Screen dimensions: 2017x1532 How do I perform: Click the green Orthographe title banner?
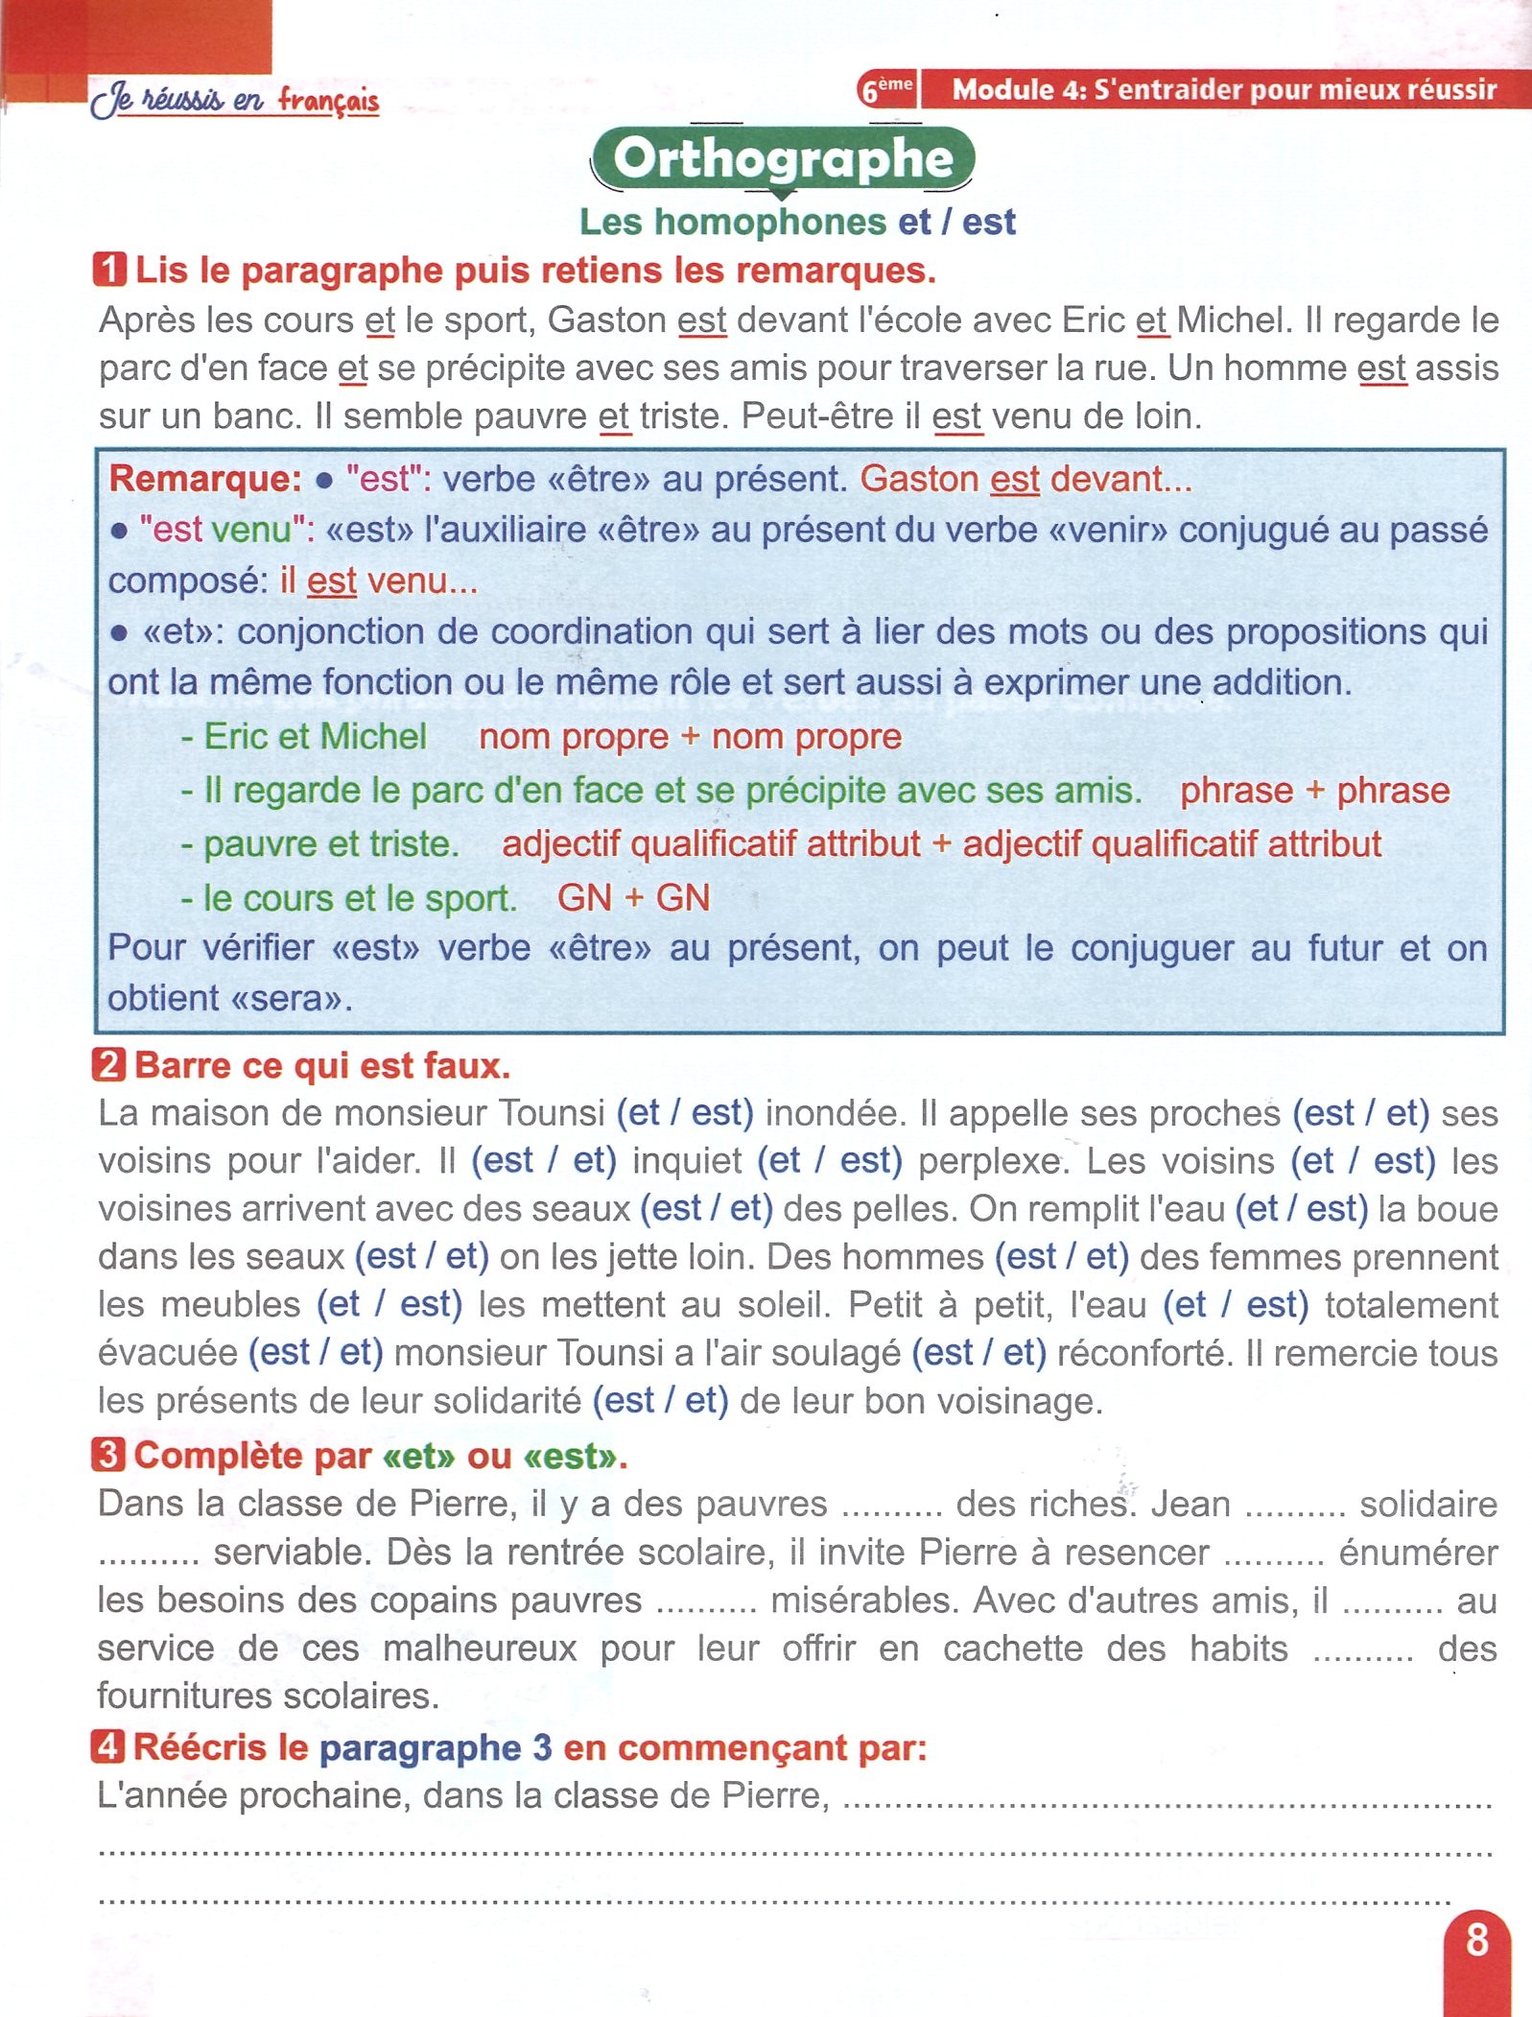click(783, 158)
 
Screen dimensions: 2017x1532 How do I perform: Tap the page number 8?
click(1477, 1939)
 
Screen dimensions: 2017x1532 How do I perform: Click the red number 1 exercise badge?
click(109, 270)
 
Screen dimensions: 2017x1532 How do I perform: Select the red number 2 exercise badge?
click(109, 1065)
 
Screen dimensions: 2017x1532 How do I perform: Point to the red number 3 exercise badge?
click(108, 1455)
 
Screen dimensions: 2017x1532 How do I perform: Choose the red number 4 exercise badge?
click(108, 1746)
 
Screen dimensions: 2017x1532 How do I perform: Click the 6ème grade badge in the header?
click(885, 89)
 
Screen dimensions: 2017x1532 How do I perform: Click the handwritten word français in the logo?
click(329, 100)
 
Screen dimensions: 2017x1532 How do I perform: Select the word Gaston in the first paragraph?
click(606, 320)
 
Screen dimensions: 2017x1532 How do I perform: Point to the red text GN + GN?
click(633, 897)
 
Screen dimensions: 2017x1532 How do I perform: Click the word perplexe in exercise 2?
click(992, 1161)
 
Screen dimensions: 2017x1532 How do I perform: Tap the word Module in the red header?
click(1002, 89)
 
